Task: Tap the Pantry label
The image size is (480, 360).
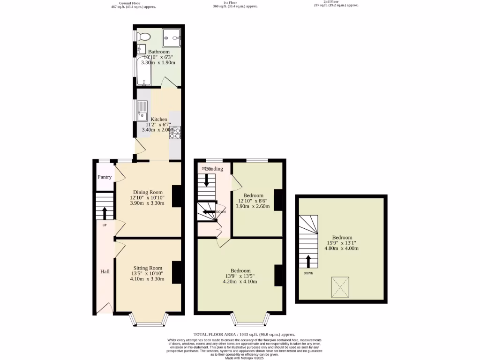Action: coord(105,177)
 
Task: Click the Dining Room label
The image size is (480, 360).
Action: coord(148,192)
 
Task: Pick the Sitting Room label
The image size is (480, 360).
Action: coord(148,269)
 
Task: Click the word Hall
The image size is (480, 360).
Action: coord(105,271)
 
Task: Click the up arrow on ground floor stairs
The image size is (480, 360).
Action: coord(104,213)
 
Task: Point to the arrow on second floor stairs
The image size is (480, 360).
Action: coord(308,262)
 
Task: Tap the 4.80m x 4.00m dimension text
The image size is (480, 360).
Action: coord(342,248)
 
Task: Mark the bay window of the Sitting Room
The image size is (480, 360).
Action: coord(149,321)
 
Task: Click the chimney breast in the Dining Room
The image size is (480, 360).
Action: coord(177,197)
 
